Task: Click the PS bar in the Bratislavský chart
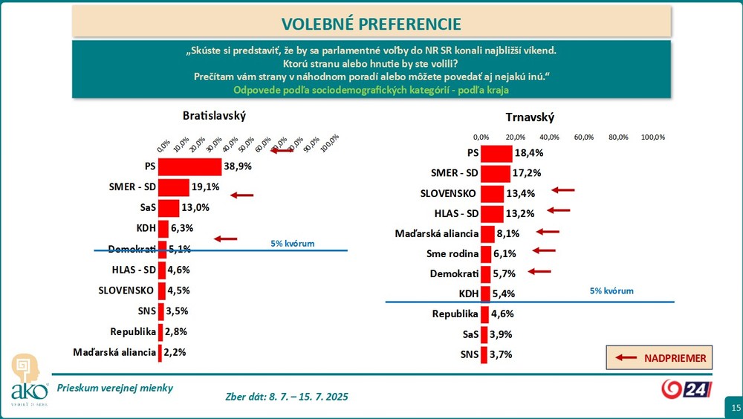coord(189,167)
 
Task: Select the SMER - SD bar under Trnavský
coord(496,174)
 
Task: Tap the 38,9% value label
coord(238,167)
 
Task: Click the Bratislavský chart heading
coord(214,116)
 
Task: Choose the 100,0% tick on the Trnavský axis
coord(652,137)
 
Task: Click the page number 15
coord(735,408)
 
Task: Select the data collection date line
coord(286,397)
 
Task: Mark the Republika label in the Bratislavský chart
coord(132,331)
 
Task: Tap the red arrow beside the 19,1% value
coord(242,195)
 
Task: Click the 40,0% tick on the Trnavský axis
coord(549,137)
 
